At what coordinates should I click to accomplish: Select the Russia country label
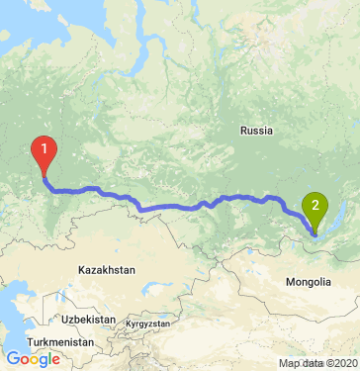pyautogui.click(x=256, y=130)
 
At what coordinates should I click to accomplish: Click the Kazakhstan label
pyautogui.click(x=107, y=268)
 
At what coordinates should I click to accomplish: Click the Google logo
pyautogui.click(x=33, y=359)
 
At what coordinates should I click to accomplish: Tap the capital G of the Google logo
pyautogui.click(x=13, y=359)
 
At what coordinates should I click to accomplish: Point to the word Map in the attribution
pyautogui.click(x=288, y=363)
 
